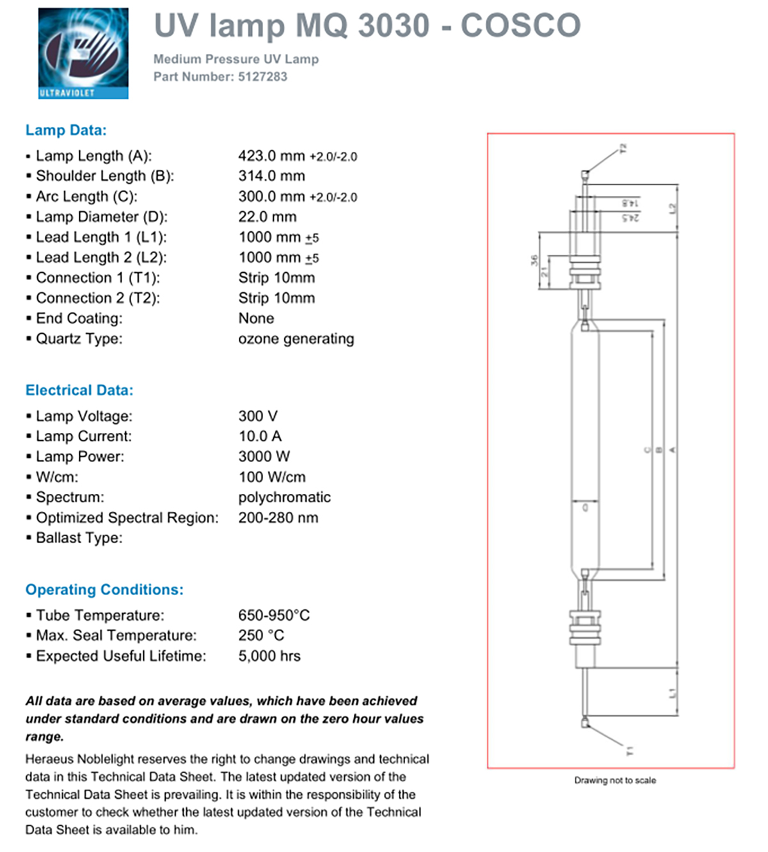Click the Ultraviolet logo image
[83, 53]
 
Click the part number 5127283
[262, 77]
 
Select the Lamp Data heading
[66, 130]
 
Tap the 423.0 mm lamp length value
[271, 156]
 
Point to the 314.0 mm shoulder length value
[271, 176]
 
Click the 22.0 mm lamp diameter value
[267, 217]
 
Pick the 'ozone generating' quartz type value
[296, 339]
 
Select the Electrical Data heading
[79, 390]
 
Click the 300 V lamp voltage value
[258, 416]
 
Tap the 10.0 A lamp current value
[260, 436]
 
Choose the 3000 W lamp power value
[264, 457]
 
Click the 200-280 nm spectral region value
[278, 518]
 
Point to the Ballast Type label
[79, 538]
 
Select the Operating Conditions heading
[104, 589]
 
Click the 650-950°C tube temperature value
[274, 616]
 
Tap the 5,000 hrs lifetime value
[269, 656]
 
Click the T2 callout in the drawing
[623, 149]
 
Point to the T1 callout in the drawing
[630, 750]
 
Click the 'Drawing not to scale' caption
[615, 780]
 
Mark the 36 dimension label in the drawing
[534, 261]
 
